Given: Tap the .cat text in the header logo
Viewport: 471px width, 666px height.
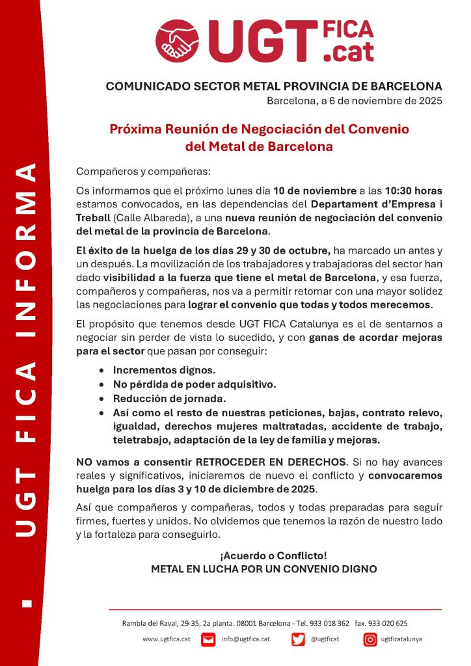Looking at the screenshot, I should point(349,52).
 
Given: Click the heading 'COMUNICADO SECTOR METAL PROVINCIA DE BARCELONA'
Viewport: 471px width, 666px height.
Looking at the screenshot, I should point(274,87).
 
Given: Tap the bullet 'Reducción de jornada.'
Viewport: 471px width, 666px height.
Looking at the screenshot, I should point(162,398).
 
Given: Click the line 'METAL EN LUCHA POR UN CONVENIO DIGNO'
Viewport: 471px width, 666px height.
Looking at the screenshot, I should point(263,568).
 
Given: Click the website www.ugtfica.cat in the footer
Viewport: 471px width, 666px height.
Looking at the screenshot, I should point(166,639).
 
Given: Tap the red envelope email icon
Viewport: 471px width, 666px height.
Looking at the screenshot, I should point(208,639).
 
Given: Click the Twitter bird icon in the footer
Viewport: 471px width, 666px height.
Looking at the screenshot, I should point(298,639).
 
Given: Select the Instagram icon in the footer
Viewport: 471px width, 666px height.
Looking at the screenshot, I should point(370,639).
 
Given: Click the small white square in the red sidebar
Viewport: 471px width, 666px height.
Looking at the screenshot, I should point(26,604).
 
